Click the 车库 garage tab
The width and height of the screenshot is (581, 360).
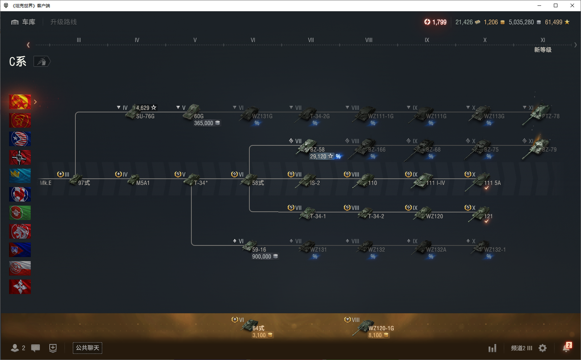pos(24,22)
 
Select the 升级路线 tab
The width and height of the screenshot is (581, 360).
pos(63,22)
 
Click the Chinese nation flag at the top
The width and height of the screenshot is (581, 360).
pos(20,102)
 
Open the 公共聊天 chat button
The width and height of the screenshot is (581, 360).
pos(87,348)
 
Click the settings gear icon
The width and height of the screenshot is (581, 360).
pos(543,348)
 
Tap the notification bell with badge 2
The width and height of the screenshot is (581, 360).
pos(566,348)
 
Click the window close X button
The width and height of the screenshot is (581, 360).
pos(572,5)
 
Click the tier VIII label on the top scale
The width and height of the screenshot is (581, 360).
pos(369,40)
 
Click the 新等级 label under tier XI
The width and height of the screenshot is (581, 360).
pos(543,50)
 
